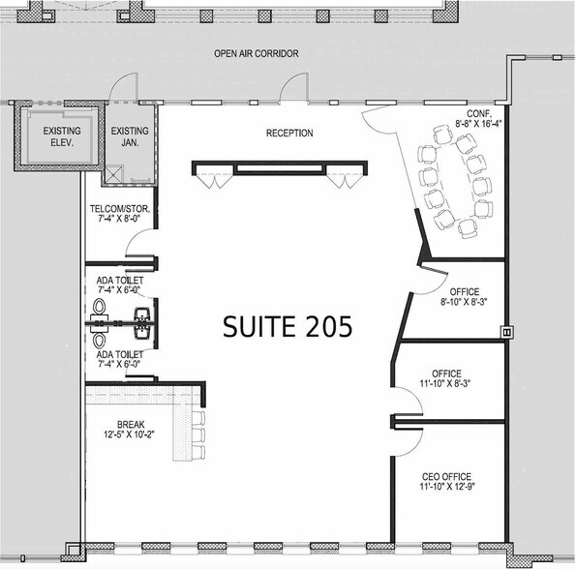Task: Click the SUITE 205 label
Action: point(288,326)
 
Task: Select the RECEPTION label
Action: point(289,134)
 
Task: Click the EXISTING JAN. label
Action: point(130,136)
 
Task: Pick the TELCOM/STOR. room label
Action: point(117,209)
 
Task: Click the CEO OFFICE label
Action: point(446,477)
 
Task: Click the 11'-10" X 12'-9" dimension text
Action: point(446,489)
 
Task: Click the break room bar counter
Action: point(180,426)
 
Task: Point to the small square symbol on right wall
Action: point(505,330)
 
